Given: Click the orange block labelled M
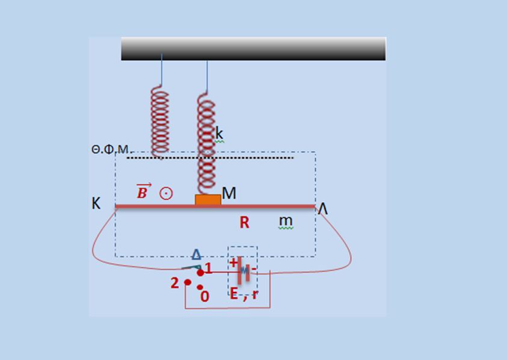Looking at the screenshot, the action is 208,200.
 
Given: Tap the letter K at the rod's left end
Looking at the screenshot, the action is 96,203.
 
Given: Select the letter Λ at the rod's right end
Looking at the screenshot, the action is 323,209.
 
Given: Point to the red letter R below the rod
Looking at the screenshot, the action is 244,222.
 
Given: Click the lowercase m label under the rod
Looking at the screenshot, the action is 286,221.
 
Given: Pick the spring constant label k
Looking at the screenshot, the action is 220,133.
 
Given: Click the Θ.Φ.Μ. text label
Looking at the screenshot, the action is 110,149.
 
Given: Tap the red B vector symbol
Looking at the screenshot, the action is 143,191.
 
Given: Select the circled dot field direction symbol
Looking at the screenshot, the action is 166,194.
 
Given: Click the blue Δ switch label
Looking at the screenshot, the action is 196,254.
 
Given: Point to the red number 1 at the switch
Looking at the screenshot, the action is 209,268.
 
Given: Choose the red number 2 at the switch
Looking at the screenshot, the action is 174,283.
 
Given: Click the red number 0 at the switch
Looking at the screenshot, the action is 204,296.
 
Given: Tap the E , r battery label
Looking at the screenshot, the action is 244,294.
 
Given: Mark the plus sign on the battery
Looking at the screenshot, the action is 233,262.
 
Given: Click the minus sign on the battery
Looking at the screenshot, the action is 254,268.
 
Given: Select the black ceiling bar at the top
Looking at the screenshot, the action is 254,49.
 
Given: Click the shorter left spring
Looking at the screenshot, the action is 160,122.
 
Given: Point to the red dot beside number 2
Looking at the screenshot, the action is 188,282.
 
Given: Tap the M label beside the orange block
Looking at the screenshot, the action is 229,193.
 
